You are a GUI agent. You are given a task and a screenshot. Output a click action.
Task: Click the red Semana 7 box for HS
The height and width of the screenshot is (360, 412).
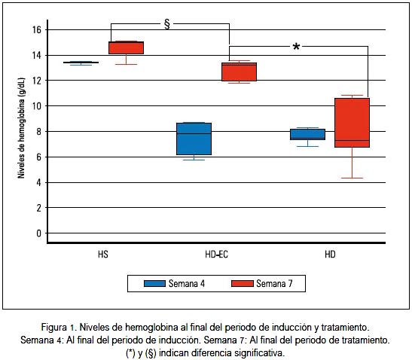[x=126, y=48]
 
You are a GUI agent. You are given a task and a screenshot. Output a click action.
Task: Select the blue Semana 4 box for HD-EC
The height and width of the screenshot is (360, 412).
[x=194, y=139]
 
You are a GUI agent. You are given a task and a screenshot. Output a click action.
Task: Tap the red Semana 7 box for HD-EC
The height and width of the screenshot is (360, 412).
[x=239, y=72]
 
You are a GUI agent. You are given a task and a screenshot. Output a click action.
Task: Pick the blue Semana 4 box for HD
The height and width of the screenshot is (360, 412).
[x=307, y=134]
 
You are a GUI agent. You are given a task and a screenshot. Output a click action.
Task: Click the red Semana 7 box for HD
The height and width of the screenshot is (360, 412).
[x=352, y=123]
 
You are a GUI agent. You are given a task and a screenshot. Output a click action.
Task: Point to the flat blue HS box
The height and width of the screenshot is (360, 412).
[x=81, y=63]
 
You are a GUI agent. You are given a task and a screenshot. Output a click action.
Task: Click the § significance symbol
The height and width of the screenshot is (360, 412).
[x=167, y=24]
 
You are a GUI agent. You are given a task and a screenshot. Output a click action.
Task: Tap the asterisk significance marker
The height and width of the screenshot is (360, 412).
[x=296, y=47]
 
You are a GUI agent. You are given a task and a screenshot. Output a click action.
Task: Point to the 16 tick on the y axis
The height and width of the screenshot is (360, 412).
[x=37, y=29]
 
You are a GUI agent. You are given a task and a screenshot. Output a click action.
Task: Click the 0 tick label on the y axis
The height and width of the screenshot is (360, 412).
[x=39, y=233]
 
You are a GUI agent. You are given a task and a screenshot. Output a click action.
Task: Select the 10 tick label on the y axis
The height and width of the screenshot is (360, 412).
[x=37, y=106]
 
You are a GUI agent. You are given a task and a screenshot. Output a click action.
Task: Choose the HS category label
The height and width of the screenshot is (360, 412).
[x=103, y=255]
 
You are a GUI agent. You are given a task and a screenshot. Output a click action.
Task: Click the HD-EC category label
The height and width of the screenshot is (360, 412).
[x=216, y=255]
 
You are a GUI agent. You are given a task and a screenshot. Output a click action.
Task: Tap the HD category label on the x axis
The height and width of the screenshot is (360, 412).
[x=330, y=255]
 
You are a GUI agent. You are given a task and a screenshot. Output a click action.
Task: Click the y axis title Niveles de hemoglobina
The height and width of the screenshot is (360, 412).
[x=21, y=128]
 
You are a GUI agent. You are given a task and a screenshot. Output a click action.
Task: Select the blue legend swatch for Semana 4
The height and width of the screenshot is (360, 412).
[x=154, y=283]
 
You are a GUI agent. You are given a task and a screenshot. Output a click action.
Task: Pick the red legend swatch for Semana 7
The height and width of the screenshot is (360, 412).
[x=243, y=283]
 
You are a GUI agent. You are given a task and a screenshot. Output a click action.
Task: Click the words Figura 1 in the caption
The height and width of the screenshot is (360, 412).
[x=58, y=328]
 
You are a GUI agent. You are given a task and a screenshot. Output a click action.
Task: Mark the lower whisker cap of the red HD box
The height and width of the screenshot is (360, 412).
[x=352, y=178]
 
